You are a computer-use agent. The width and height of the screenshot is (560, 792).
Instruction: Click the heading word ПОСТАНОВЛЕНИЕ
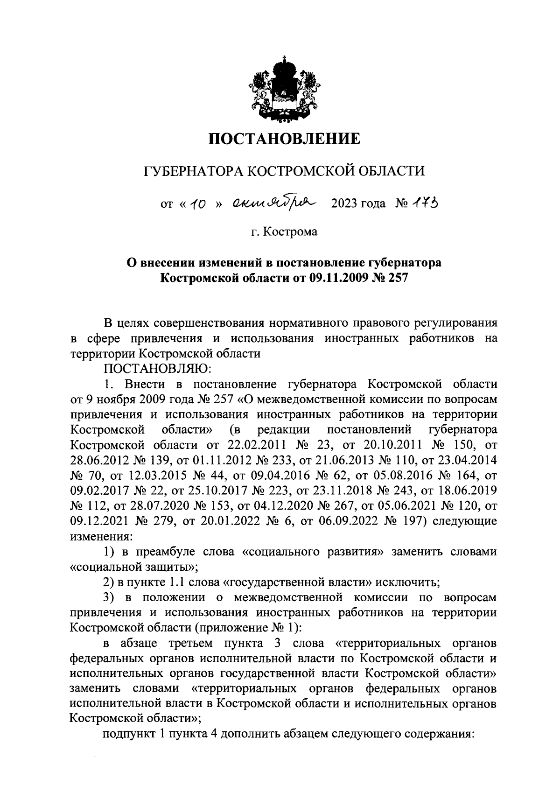click(x=284, y=139)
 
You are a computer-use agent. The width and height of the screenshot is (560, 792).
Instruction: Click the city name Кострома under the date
click(x=290, y=231)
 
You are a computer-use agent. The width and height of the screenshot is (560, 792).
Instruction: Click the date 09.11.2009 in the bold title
click(x=335, y=278)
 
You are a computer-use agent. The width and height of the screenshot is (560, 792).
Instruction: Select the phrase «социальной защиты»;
click(x=134, y=567)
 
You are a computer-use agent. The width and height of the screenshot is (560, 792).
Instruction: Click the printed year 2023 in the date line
click(x=345, y=204)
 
